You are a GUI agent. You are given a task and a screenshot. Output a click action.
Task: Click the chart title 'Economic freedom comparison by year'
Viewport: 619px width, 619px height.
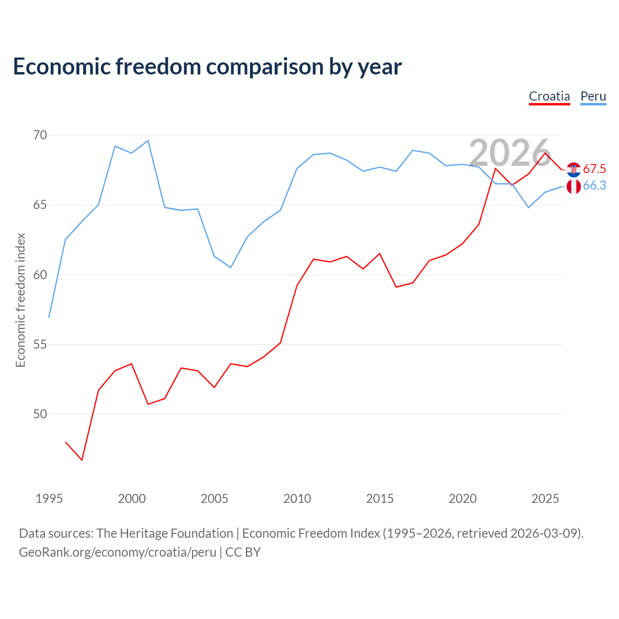pyautogui.click(x=207, y=66)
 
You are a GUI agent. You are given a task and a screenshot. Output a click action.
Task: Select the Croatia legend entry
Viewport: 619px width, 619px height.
pyautogui.click(x=549, y=96)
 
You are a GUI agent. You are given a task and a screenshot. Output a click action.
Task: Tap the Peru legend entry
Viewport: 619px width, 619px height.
pyautogui.click(x=593, y=96)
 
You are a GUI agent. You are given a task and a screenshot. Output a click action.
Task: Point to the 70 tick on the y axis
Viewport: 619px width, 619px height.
pyautogui.click(x=40, y=135)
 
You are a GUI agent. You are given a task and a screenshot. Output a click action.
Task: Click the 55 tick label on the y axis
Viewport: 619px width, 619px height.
pyautogui.click(x=40, y=344)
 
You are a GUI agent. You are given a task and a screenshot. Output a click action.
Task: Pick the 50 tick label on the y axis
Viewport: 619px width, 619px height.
pyautogui.click(x=40, y=414)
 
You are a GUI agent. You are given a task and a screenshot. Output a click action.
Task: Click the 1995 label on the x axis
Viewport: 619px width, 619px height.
pyautogui.click(x=49, y=499)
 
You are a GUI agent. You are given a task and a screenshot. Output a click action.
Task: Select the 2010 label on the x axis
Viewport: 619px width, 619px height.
pyautogui.click(x=297, y=499)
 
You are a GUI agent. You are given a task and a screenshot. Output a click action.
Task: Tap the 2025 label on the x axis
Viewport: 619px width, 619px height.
pyautogui.click(x=545, y=499)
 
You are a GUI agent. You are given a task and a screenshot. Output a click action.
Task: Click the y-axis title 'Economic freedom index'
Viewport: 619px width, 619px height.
pyautogui.click(x=20, y=300)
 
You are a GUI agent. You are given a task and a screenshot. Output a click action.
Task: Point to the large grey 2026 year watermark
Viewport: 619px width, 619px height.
pyautogui.click(x=510, y=153)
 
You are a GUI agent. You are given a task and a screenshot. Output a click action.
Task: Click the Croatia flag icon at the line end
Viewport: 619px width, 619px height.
pyautogui.click(x=574, y=170)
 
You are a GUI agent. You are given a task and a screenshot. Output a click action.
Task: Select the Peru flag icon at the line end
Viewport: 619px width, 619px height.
pyautogui.click(x=574, y=186)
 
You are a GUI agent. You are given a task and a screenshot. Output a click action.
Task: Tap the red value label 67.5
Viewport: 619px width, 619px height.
pyautogui.click(x=594, y=169)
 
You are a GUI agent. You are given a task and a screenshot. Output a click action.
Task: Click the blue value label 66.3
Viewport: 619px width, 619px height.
pyautogui.click(x=595, y=185)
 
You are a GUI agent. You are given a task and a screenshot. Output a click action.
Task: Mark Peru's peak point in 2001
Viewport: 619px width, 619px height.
pyautogui.click(x=148, y=140)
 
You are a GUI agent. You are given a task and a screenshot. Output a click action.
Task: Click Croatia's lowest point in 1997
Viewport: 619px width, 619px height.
pyautogui.click(x=82, y=460)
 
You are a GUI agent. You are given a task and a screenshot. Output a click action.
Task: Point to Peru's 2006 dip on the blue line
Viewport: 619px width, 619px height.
pyautogui.click(x=231, y=267)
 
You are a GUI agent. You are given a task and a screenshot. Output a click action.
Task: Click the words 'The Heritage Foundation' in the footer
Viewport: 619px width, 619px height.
pyautogui.click(x=164, y=533)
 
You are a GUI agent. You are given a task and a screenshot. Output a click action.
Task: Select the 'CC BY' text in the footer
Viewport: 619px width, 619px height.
pyautogui.click(x=243, y=552)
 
